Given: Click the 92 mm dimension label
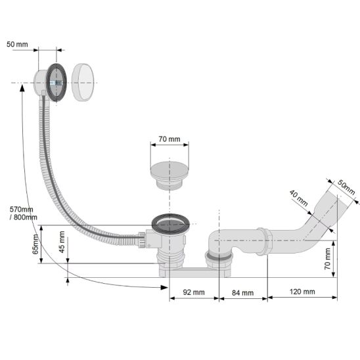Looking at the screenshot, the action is point(194,292).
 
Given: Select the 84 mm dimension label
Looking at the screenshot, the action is point(242,293).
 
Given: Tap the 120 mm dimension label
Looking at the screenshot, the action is point(302,292).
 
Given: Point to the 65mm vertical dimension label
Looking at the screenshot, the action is point(35,244).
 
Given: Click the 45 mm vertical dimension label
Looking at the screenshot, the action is point(62,242).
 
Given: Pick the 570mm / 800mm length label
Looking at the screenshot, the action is point(23,213).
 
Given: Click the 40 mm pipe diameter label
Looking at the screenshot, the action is point(298,198).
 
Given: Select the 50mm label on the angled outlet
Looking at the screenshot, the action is point(346,187).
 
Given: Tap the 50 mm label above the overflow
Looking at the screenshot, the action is point(17,44).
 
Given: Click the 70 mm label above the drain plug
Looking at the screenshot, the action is point(169,139).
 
